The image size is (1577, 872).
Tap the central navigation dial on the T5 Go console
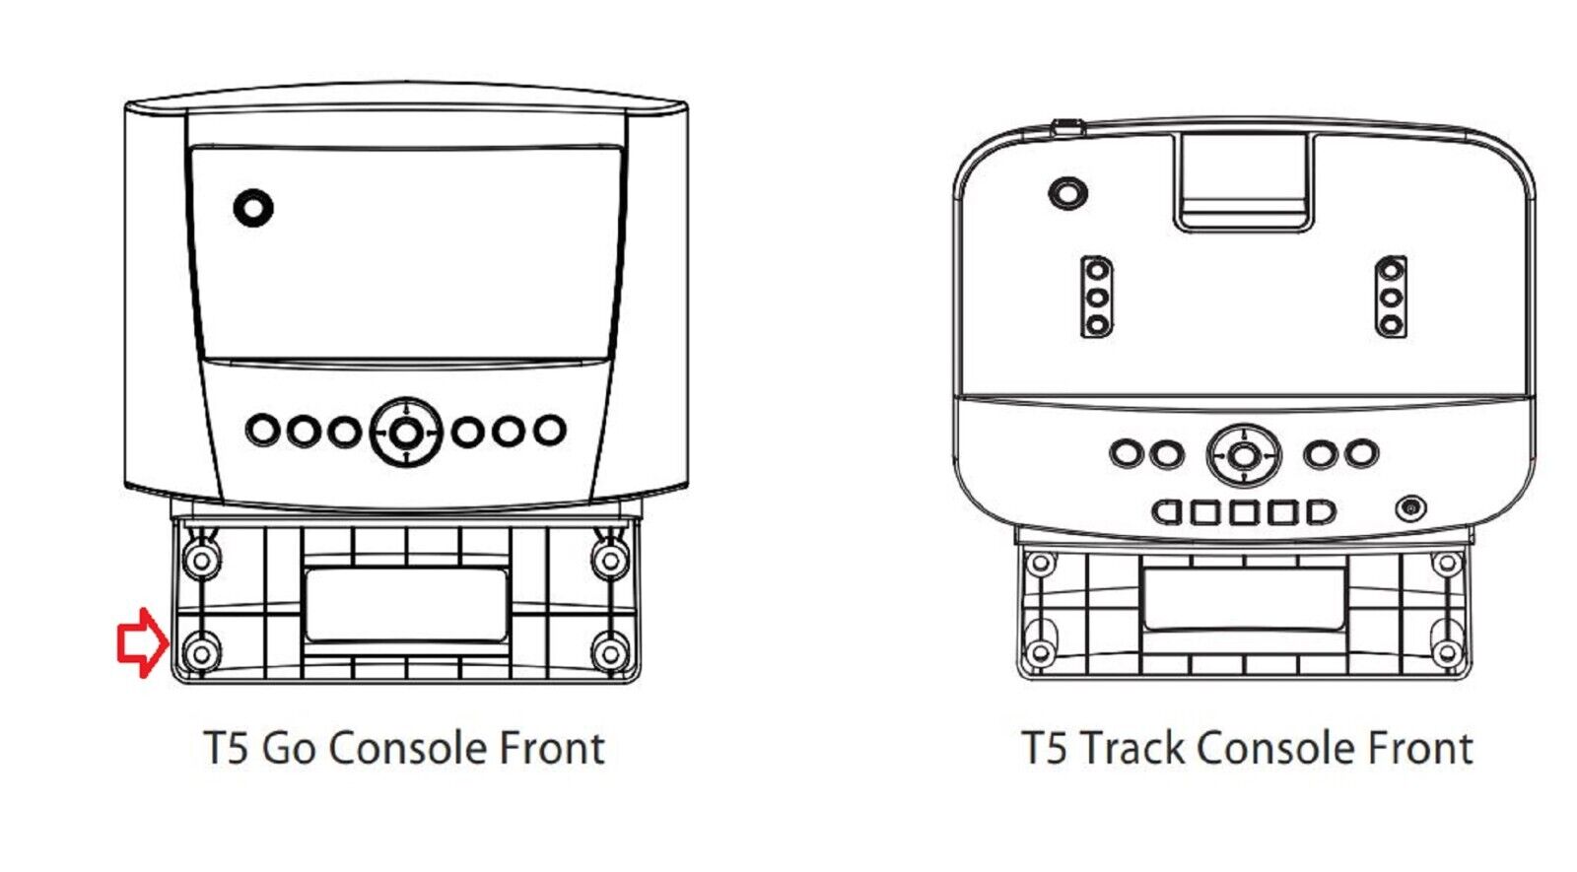pyautogui.click(x=405, y=432)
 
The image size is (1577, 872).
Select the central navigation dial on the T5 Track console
pyautogui.click(x=1244, y=455)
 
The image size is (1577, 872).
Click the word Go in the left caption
pyautogui.click(x=289, y=749)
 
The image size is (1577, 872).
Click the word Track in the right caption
pyautogui.click(x=1134, y=749)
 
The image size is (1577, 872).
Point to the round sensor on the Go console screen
pyautogui.click(x=253, y=207)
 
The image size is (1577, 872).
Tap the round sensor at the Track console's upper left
pyautogui.click(x=1067, y=191)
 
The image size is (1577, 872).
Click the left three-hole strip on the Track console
pyautogui.click(x=1097, y=297)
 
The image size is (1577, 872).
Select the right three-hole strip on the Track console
pyautogui.click(x=1391, y=297)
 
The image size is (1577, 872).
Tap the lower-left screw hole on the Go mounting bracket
pyautogui.click(x=202, y=652)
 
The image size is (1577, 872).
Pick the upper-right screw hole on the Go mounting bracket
pyautogui.click(x=610, y=561)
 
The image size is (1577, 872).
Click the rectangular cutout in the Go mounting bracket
pyautogui.click(x=406, y=604)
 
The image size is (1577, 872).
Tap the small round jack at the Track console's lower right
pyautogui.click(x=1411, y=508)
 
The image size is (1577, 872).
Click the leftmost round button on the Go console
pyautogui.click(x=262, y=431)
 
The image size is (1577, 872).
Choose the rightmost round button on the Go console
pyautogui.click(x=549, y=431)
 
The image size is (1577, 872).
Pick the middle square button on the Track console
pyautogui.click(x=1244, y=512)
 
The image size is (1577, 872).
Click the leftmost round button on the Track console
pyautogui.click(x=1126, y=454)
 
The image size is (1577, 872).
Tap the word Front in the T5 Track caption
pyautogui.click(x=1418, y=749)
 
